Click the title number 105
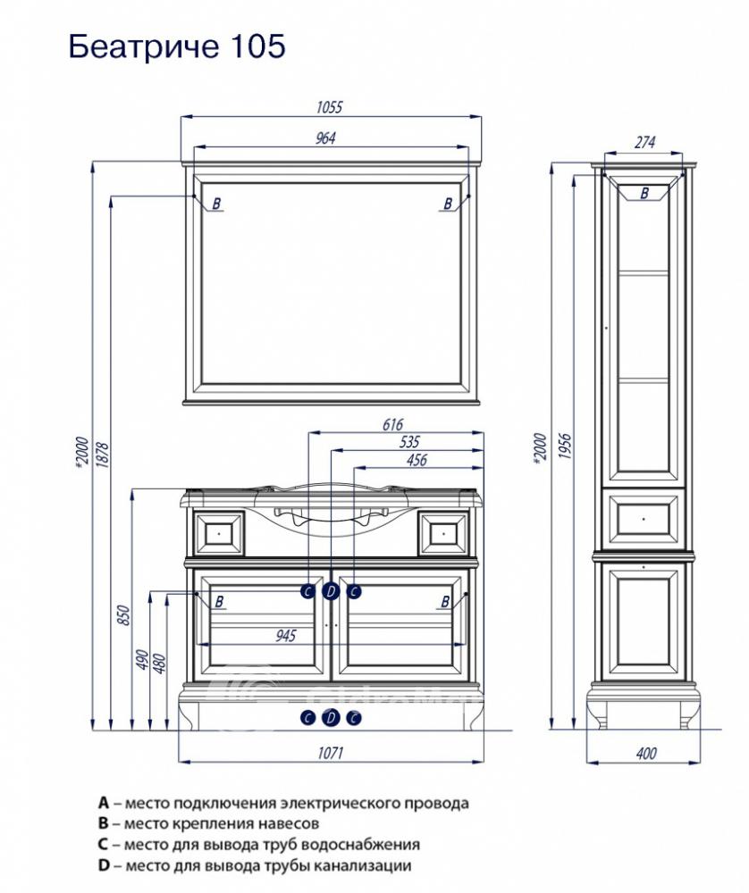258,46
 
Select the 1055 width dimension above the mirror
330,107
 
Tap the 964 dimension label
325,138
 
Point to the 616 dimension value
392,424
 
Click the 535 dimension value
409,441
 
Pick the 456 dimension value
417,460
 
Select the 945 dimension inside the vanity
286,635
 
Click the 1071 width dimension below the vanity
330,753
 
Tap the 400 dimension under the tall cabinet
646,753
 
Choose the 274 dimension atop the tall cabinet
644,142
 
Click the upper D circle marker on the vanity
331,592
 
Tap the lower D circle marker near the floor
331,718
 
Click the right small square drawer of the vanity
444,534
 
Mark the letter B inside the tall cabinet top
644,193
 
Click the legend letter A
103,803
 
